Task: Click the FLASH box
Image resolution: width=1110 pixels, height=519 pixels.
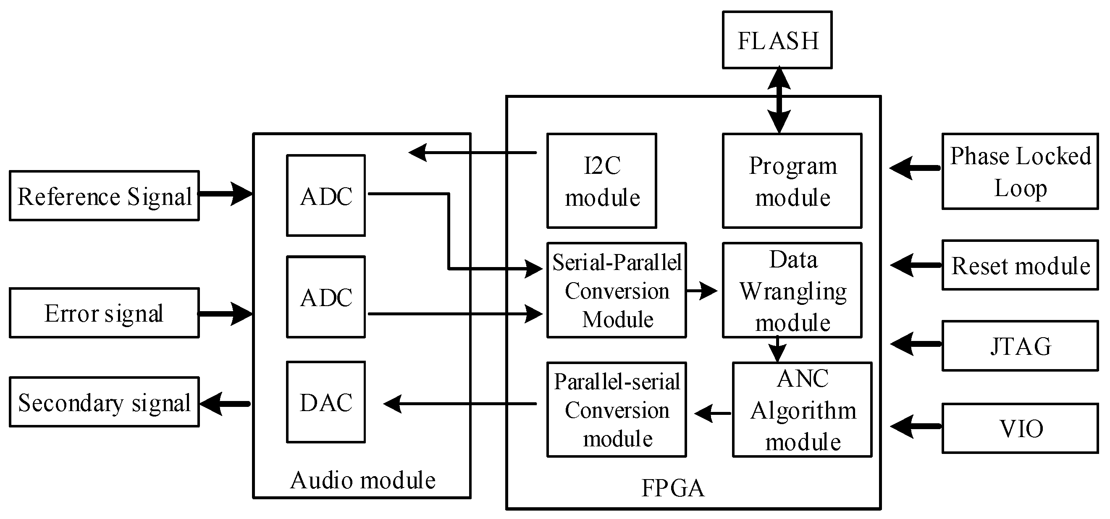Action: click(x=777, y=40)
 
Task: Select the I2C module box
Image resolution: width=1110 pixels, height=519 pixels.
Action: click(x=601, y=181)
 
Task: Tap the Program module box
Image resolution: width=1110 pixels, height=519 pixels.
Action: click(x=792, y=181)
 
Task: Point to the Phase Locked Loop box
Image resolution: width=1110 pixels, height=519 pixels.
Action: click(x=1020, y=171)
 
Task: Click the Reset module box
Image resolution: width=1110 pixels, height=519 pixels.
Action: click(x=1020, y=265)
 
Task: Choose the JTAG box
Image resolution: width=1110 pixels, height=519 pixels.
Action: click(x=1020, y=346)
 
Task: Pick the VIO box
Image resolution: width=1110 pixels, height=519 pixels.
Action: click(x=1020, y=429)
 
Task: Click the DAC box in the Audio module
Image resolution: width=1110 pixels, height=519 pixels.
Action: click(x=326, y=402)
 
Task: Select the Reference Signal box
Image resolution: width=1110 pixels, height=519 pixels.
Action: click(x=104, y=196)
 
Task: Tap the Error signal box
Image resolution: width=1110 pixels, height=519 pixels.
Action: click(x=104, y=313)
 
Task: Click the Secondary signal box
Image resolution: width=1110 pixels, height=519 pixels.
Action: click(x=104, y=402)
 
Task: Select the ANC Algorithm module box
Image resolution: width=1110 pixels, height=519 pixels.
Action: click(x=802, y=409)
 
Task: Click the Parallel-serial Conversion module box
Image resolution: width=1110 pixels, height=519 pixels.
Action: click(x=617, y=409)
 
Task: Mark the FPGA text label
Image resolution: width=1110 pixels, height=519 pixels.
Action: click(x=673, y=488)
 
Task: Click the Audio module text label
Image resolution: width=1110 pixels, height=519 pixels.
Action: click(x=362, y=480)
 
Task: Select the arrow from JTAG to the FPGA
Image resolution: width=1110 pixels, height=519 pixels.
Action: click(x=916, y=344)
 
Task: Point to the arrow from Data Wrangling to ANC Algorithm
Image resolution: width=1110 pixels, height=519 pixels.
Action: click(x=777, y=349)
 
